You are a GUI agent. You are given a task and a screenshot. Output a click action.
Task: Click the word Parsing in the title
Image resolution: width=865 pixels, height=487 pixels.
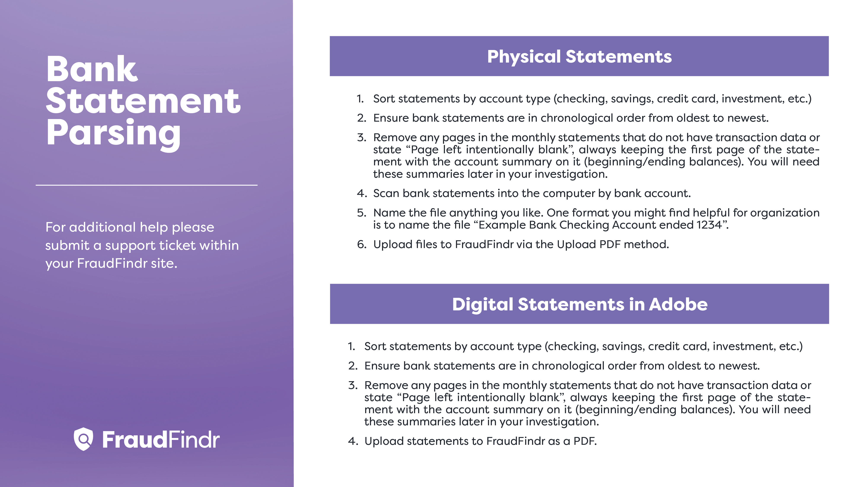tap(114, 134)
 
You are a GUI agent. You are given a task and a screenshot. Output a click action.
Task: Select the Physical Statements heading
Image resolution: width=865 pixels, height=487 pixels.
tap(579, 56)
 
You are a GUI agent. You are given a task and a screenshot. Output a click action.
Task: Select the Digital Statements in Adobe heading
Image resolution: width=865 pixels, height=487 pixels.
tap(580, 305)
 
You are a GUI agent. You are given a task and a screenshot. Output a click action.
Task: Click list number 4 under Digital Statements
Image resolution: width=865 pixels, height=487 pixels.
tap(353, 441)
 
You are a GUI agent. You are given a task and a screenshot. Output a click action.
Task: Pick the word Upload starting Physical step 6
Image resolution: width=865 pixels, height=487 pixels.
tap(393, 245)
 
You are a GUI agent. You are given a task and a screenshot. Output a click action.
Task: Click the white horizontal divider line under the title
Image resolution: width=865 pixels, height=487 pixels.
tap(146, 185)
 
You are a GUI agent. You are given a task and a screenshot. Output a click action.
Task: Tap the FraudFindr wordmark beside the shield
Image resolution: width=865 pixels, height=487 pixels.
tap(161, 440)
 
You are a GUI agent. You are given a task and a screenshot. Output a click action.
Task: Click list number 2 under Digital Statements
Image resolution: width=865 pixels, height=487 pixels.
tap(353, 366)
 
